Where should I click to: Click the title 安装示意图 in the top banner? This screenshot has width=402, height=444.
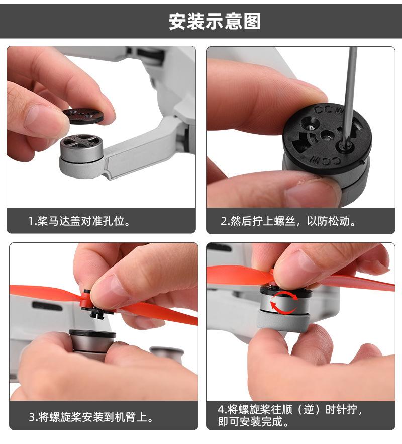215,21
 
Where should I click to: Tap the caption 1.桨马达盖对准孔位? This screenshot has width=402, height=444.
79,221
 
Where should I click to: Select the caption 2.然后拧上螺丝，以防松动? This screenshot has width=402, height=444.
288,221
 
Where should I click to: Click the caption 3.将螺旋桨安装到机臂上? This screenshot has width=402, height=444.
91,417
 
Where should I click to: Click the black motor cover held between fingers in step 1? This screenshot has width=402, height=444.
83,116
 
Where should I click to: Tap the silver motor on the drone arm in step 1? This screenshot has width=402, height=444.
81,149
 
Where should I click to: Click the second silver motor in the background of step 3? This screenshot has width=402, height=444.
167,354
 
